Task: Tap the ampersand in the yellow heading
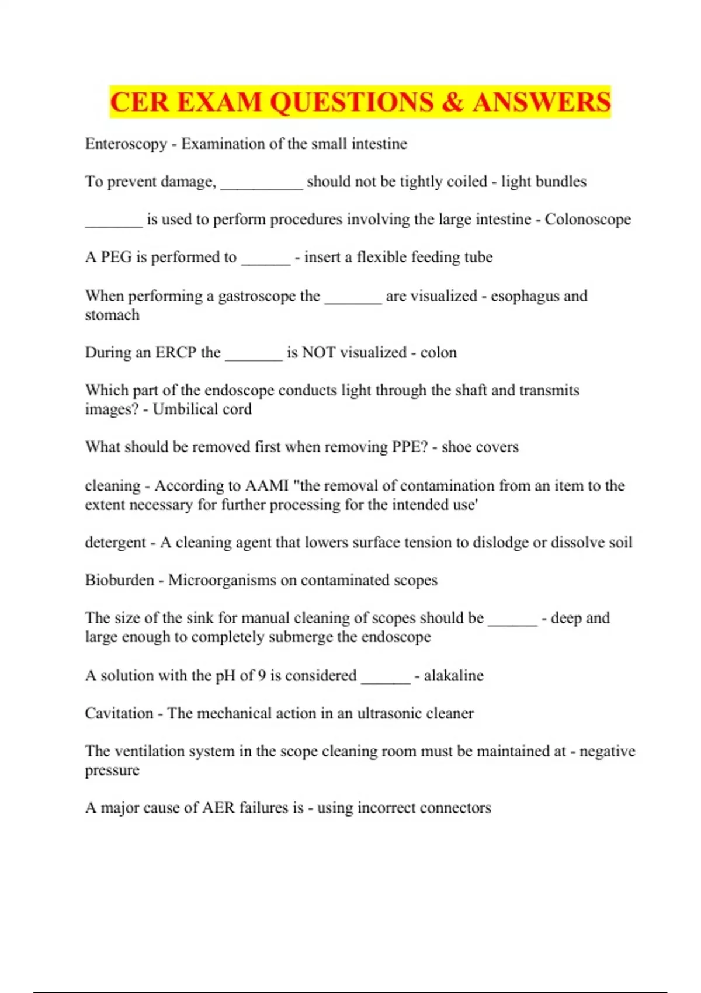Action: [x=453, y=102]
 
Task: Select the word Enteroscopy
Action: [x=126, y=144]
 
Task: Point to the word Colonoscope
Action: [x=588, y=220]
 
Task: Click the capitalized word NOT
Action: [x=318, y=353]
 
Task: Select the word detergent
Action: [x=115, y=543]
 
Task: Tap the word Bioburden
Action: [x=119, y=580]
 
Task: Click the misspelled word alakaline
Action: [x=453, y=676]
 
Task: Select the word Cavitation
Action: [x=119, y=713]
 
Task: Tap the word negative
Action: [x=607, y=751]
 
